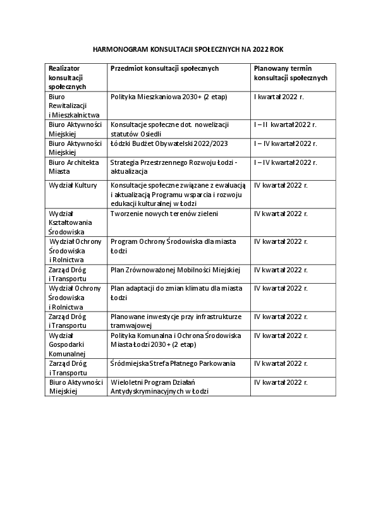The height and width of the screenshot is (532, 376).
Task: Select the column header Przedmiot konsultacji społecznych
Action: (x=164, y=68)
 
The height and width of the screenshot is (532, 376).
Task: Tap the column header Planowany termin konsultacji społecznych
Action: (x=290, y=72)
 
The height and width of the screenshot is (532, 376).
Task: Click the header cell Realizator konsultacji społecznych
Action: (x=70, y=76)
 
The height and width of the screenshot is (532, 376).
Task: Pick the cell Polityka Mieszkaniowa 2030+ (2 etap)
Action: (x=168, y=97)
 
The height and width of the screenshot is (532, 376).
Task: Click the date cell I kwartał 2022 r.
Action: (x=279, y=97)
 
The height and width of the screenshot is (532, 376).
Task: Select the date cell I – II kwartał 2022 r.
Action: (x=285, y=125)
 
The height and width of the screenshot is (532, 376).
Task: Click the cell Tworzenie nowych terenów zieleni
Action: (x=164, y=214)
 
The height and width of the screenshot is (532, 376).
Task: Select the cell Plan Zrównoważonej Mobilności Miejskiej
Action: (x=175, y=270)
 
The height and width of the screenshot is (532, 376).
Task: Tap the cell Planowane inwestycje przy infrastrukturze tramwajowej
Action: (x=176, y=320)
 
